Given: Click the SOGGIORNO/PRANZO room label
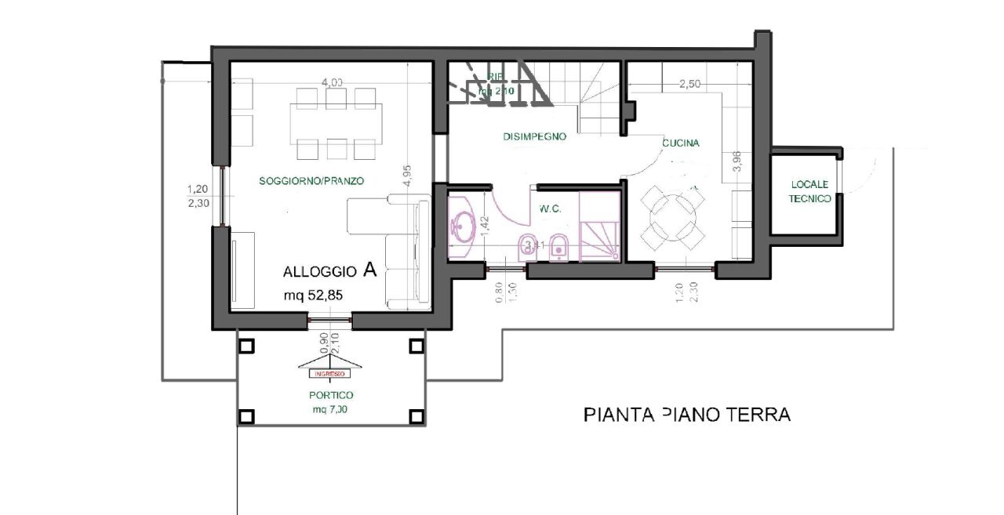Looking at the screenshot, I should pos(311,181).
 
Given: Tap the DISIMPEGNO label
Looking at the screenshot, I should pos(534,136).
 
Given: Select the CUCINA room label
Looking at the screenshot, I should pos(680,143).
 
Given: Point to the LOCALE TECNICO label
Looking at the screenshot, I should pos(809,193).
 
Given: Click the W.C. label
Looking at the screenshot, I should pos(548,209).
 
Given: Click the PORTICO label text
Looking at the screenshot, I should pos(331,395).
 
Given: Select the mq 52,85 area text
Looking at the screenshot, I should pos(315,296).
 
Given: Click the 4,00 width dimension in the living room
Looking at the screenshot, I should pos(332,82).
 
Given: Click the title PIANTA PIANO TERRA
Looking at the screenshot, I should pos(687,414).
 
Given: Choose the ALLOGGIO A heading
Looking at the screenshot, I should pos(330,271).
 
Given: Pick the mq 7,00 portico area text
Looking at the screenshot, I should pos(330,409).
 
